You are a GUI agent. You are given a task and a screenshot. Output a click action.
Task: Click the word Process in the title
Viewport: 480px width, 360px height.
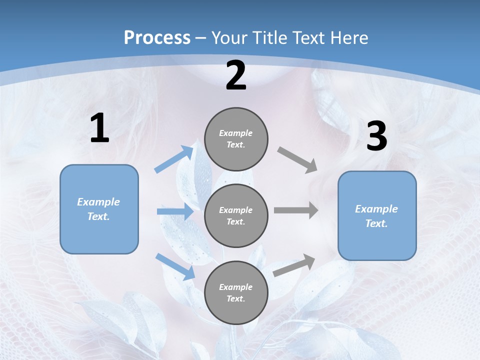coord(157,38)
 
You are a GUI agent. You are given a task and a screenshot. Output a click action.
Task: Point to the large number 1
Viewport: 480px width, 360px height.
coord(99,128)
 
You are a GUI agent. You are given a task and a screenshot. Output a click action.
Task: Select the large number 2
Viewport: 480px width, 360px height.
coord(236,75)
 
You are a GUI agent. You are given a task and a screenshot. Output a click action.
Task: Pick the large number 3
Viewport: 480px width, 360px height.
coord(376,136)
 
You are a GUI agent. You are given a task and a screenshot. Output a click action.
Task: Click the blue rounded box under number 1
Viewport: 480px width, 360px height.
coord(99,209)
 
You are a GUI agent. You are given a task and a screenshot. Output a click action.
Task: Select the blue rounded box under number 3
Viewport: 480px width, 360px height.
coord(377,215)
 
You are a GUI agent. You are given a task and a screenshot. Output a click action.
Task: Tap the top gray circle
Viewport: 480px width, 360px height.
coord(236,139)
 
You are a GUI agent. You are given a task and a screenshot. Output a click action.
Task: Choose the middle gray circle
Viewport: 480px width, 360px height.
coord(236,215)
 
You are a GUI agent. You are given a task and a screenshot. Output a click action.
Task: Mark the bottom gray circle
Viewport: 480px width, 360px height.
coord(236,292)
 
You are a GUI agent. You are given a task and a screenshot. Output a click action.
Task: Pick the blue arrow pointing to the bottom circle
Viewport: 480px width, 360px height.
coord(175,266)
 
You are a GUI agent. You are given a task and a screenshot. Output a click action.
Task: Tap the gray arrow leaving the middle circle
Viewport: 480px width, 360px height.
coord(296,210)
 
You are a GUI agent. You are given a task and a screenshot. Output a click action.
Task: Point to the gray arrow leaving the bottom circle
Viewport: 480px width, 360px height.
coord(294,265)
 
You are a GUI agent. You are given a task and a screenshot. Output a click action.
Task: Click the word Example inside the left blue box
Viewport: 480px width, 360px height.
coord(98,202)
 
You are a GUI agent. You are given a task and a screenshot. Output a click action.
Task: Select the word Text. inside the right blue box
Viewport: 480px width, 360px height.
coord(376,223)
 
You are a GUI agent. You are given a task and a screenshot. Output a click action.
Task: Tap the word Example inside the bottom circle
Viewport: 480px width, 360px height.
coord(235,287)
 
